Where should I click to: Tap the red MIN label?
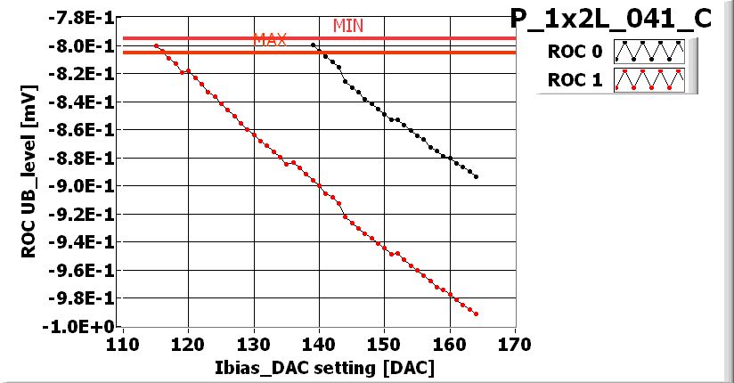coord(348,26)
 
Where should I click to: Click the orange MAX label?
coord(270,40)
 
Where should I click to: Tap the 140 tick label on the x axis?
coord(319,344)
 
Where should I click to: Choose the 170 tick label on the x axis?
coord(515,344)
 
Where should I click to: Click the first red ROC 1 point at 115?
coord(156,45)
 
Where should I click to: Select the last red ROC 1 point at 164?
coord(477,314)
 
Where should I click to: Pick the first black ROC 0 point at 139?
coord(313,45)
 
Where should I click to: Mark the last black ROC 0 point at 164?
coord(477,176)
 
